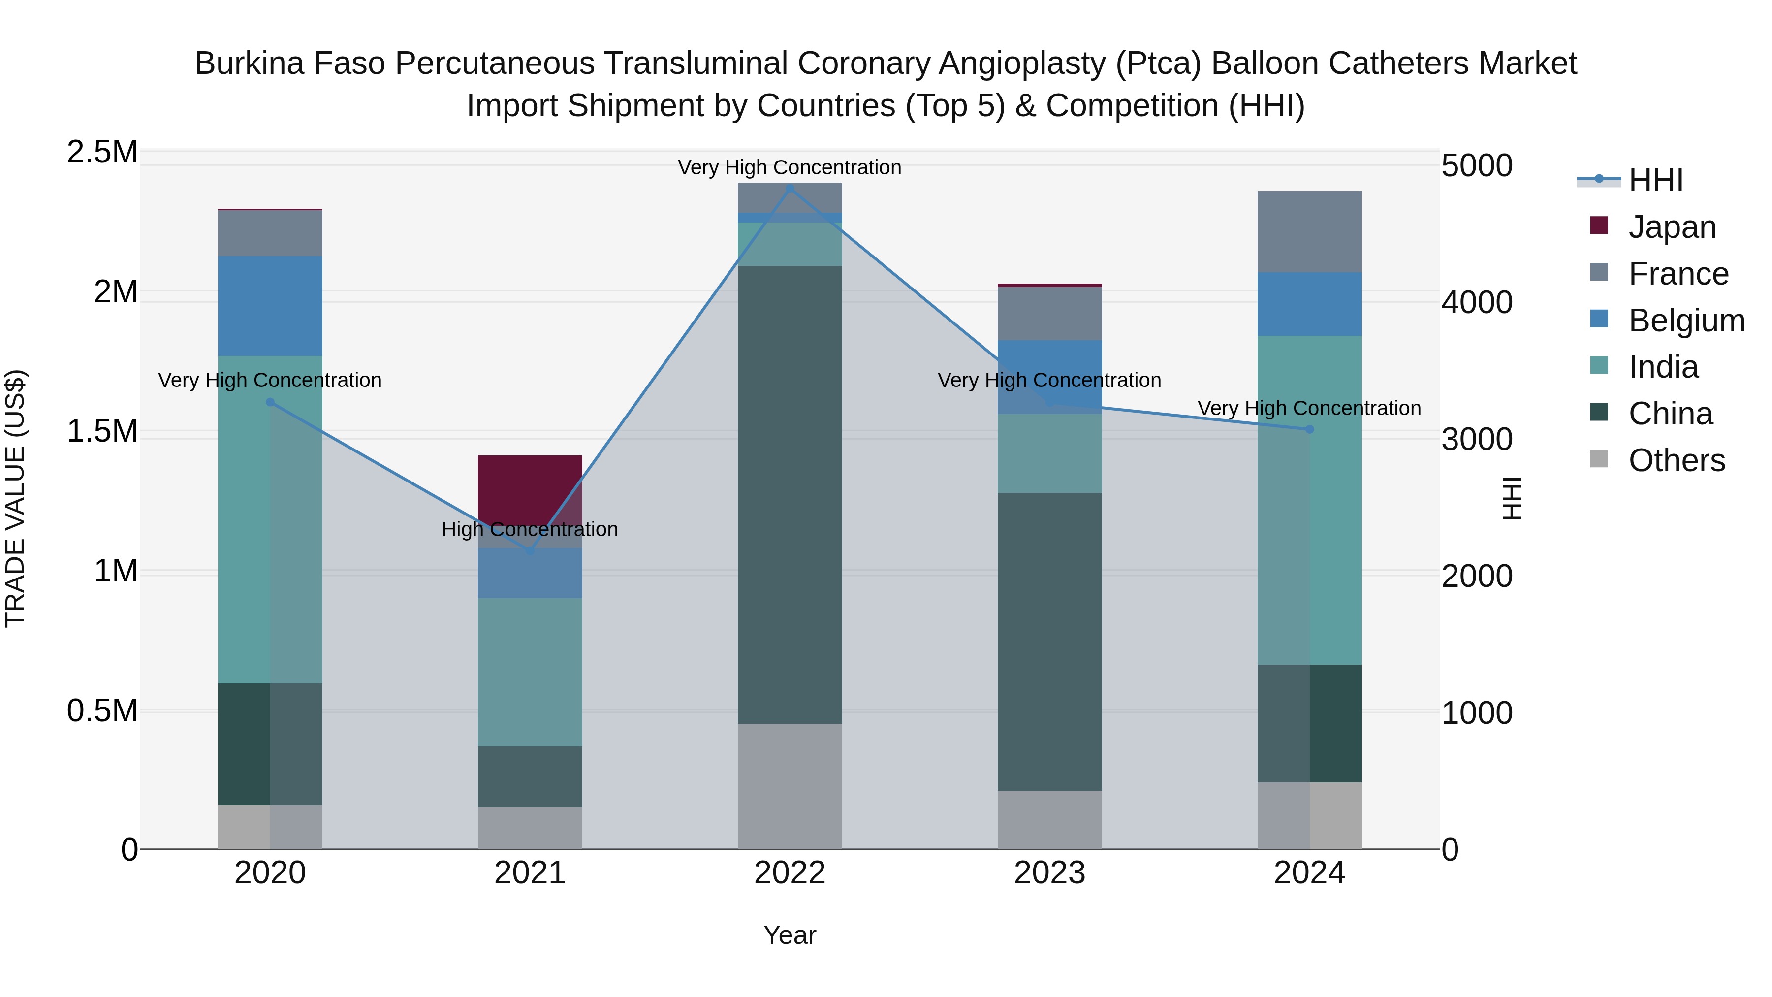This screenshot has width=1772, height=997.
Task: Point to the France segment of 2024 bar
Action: (x=1309, y=231)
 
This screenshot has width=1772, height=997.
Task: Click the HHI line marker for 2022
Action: (x=790, y=189)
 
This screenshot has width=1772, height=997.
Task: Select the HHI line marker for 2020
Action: (x=270, y=403)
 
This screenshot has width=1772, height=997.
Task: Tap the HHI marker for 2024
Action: (x=1309, y=429)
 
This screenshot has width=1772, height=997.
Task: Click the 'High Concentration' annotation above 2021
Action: (x=530, y=529)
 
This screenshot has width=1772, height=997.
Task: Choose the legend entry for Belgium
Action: (x=1686, y=321)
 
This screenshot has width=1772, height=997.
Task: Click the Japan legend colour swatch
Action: (x=1599, y=225)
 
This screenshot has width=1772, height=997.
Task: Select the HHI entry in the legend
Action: (x=1655, y=180)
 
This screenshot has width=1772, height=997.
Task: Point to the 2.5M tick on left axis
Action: (x=102, y=152)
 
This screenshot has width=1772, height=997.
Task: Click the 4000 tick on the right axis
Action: (x=1476, y=302)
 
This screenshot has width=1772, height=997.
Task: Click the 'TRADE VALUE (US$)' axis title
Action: (x=15, y=498)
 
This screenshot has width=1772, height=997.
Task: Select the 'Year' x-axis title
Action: (x=790, y=935)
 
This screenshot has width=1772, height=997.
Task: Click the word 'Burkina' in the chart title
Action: (x=249, y=64)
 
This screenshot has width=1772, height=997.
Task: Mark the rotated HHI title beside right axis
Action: (x=1511, y=498)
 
